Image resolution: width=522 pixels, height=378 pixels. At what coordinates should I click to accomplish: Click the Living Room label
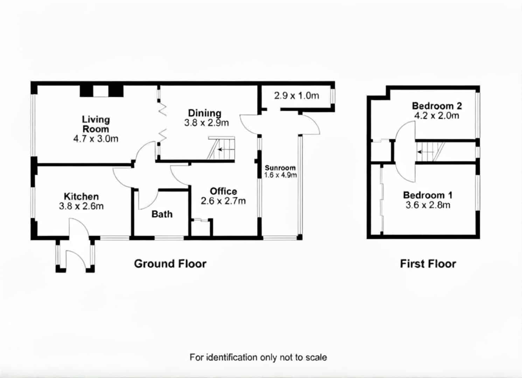click(96, 124)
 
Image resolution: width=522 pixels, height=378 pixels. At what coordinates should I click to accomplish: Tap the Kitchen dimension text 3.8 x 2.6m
click(81, 206)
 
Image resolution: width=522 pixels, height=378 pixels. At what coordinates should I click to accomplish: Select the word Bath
click(162, 214)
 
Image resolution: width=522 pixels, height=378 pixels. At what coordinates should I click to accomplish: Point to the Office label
click(223, 191)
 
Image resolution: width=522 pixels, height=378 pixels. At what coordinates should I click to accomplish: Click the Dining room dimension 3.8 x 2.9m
click(207, 123)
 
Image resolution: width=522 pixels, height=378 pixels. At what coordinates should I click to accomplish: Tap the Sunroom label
click(280, 168)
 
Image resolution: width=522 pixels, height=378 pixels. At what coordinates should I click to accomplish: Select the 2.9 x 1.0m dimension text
click(297, 96)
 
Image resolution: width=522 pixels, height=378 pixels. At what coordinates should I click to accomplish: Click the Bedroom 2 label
click(437, 106)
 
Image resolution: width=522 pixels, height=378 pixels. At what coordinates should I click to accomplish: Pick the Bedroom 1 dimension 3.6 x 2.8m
click(428, 205)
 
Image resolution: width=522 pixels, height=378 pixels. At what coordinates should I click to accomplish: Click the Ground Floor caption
click(170, 264)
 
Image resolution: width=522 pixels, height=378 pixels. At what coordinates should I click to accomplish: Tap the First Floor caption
click(428, 264)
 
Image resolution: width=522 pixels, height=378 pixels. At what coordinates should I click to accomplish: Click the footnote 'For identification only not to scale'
click(258, 357)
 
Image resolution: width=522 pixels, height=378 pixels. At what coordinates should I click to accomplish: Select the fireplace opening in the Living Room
click(101, 91)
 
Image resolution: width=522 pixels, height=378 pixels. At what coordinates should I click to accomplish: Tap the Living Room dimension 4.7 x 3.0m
click(96, 139)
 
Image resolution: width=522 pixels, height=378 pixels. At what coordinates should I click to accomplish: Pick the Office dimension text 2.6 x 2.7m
click(223, 201)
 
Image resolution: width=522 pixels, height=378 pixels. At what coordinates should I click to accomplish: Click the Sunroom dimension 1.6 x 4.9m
click(280, 175)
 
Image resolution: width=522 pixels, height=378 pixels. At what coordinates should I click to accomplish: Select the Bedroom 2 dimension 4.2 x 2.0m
click(437, 116)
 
